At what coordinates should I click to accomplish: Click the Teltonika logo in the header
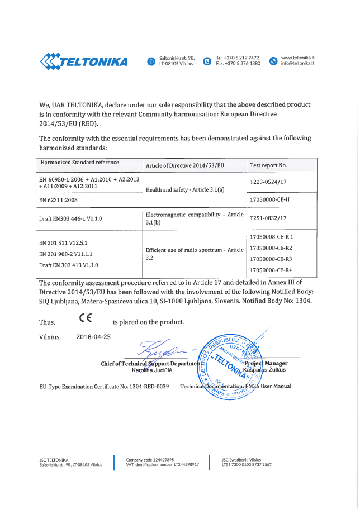(84, 60)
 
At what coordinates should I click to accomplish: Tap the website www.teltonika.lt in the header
(298, 58)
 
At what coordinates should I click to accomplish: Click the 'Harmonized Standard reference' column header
(79, 163)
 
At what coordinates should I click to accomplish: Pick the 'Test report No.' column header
(268, 165)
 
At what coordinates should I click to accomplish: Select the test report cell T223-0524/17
(268, 182)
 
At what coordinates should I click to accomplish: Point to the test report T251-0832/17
(268, 218)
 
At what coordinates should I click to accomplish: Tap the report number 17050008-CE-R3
(271, 259)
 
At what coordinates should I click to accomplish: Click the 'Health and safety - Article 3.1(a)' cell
(184, 190)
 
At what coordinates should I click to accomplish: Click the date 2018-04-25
(93, 336)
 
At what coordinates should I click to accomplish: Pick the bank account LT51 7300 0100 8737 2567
(247, 464)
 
